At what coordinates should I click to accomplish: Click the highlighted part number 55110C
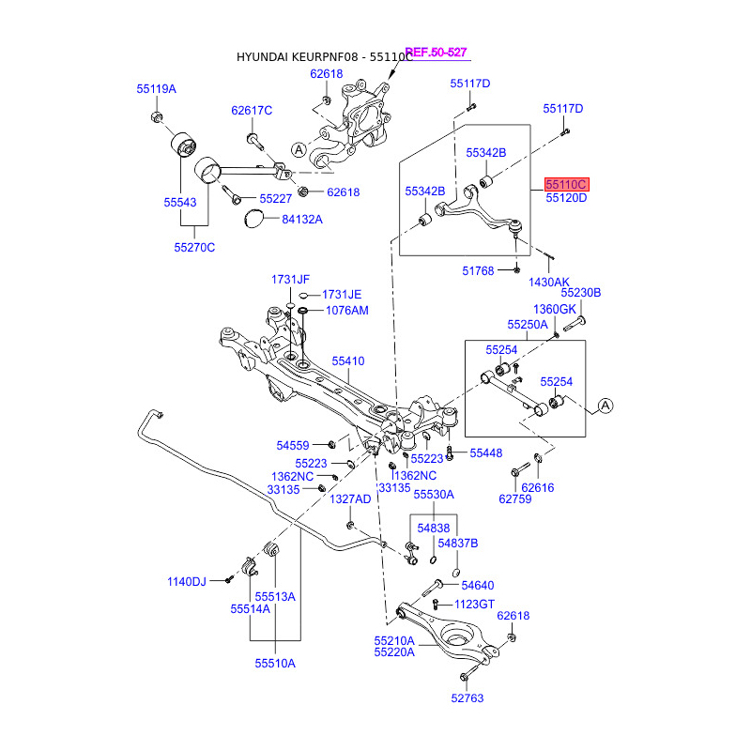pyautogui.click(x=566, y=185)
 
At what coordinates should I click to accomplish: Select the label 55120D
pyautogui.click(x=566, y=198)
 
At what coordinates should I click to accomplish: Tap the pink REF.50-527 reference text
pyautogui.click(x=436, y=53)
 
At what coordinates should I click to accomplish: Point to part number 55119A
pyautogui.click(x=156, y=89)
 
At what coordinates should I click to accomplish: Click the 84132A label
pyautogui.click(x=302, y=220)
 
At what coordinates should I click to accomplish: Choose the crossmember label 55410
pyautogui.click(x=348, y=360)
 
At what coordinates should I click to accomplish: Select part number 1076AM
pyautogui.click(x=347, y=310)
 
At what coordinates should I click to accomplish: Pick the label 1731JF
pyautogui.click(x=290, y=280)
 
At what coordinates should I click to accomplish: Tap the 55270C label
pyautogui.click(x=194, y=248)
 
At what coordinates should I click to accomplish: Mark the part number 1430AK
pyautogui.click(x=548, y=282)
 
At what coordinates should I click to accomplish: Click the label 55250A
pyautogui.click(x=527, y=324)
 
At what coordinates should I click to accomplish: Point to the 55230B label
pyautogui.click(x=581, y=293)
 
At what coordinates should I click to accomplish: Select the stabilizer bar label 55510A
pyautogui.click(x=274, y=663)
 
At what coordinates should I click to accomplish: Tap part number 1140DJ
pyautogui.click(x=187, y=582)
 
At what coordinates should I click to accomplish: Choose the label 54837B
pyautogui.click(x=458, y=543)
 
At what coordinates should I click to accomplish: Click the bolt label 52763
pyautogui.click(x=467, y=697)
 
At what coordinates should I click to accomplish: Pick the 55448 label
pyautogui.click(x=486, y=452)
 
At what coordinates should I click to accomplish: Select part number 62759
pyautogui.click(x=515, y=498)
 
